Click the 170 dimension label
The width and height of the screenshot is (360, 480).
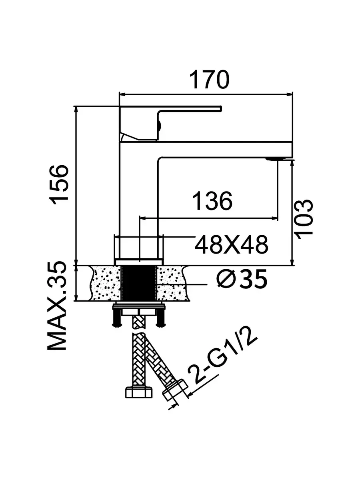[209, 80]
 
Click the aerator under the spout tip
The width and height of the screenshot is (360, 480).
[276, 159]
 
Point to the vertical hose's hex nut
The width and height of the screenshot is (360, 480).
[138, 392]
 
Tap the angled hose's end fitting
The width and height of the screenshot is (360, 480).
[175, 390]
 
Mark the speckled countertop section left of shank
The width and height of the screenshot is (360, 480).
[106, 283]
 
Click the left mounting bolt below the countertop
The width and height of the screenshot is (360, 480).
[117, 318]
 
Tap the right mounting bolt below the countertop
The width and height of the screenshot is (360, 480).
[161, 318]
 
